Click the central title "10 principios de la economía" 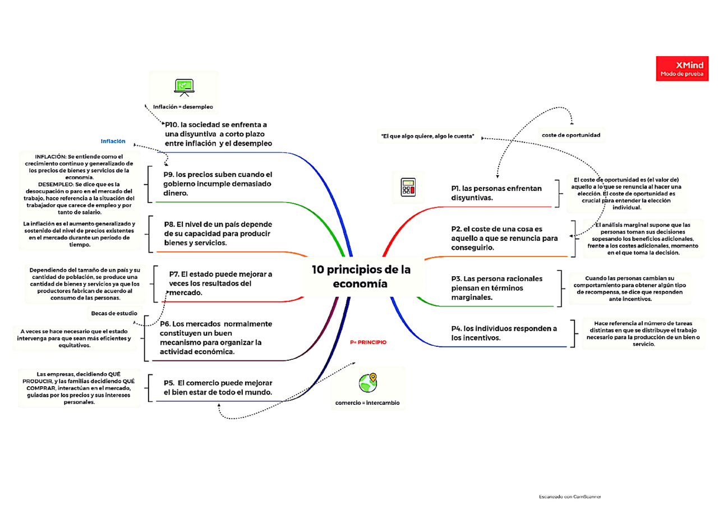[x=361, y=276]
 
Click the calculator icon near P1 [x=408, y=187]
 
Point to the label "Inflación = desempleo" [x=183, y=106]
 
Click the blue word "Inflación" [x=113, y=141]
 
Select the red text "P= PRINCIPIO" [x=368, y=342]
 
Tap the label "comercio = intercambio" [x=367, y=403]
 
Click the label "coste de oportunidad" [x=571, y=135]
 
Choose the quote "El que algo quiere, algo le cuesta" [x=428, y=136]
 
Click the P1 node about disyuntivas [x=496, y=193]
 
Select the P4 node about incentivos [x=504, y=333]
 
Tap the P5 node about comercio [x=218, y=388]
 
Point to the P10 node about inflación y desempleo [x=218, y=134]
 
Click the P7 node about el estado [x=220, y=283]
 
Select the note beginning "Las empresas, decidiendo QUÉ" [x=79, y=388]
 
